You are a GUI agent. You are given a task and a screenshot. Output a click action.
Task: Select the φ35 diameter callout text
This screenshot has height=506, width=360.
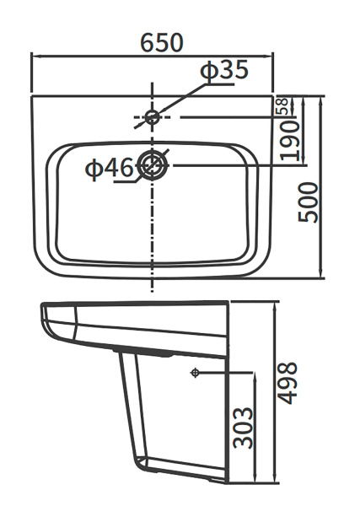223,71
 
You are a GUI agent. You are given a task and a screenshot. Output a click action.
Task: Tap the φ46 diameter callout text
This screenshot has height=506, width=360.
109,170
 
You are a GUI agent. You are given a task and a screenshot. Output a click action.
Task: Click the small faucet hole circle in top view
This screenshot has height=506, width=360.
153,117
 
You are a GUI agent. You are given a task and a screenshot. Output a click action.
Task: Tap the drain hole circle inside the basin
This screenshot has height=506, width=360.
153,165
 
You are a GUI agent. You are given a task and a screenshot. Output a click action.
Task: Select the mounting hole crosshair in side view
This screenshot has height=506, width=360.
195,372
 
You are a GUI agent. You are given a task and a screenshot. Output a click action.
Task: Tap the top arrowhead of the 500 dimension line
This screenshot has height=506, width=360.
322,100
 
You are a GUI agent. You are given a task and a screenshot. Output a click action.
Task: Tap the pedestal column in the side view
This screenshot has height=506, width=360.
143,413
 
